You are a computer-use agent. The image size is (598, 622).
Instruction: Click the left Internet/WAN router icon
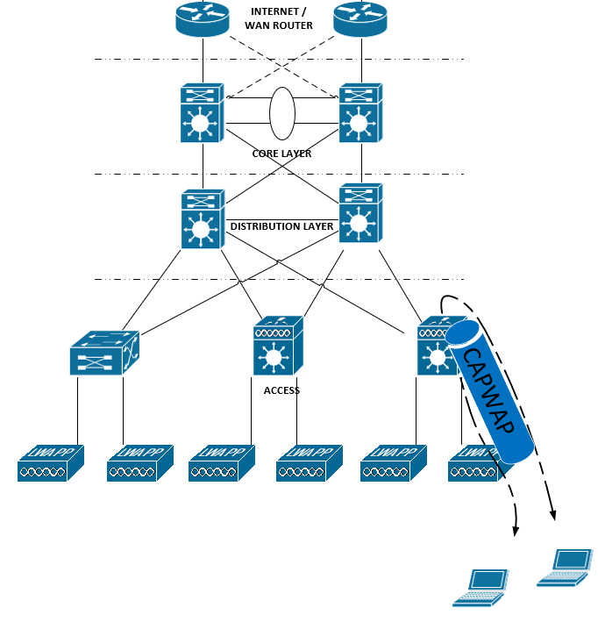click(203, 19)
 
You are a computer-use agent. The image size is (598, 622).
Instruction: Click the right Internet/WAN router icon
click(360, 19)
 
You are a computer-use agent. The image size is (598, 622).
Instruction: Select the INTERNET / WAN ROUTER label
click(281, 18)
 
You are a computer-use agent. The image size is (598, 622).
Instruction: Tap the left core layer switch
click(203, 113)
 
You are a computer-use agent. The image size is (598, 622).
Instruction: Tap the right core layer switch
click(360, 113)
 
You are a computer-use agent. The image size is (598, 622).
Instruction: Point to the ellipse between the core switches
click(281, 113)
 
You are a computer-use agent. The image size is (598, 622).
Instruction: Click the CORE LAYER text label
click(281, 154)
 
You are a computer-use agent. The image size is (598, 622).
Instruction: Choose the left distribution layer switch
click(203, 219)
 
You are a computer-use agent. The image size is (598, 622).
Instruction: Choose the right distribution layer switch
click(360, 212)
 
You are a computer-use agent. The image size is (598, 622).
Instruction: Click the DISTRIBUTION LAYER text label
click(281, 226)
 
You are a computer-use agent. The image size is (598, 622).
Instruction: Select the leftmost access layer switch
click(103, 353)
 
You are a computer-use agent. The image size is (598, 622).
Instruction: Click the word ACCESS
click(281, 390)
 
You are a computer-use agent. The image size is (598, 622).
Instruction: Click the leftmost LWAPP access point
click(51, 463)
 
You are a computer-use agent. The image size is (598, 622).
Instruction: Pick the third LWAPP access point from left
click(222, 463)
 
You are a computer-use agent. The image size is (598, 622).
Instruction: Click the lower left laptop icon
click(481, 587)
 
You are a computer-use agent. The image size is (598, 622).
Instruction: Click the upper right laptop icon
click(565, 566)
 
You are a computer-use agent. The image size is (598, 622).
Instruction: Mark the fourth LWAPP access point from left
click(310, 463)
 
